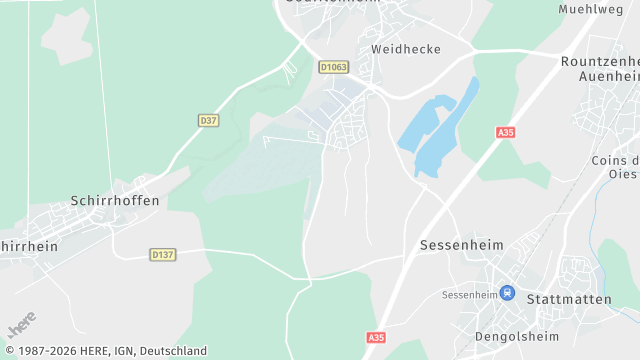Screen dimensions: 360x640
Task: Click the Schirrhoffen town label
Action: point(115,201)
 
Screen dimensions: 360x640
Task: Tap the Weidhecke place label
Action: point(406,48)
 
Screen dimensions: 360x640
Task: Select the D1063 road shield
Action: point(333,67)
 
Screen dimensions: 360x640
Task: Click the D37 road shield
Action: point(208,120)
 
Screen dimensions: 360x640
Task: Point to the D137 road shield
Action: point(163,255)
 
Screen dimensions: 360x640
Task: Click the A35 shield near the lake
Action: point(505,132)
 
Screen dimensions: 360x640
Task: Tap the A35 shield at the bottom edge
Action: point(376,338)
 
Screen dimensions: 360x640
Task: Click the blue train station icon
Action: point(507,294)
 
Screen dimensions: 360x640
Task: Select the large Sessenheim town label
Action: point(461,245)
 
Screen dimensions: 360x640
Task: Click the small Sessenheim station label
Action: point(470,295)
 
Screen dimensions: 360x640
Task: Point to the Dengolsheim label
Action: point(515,336)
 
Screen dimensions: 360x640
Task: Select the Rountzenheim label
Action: point(600,60)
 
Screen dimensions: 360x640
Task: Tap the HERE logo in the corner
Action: point(21,326)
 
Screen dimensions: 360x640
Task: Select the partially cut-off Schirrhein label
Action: point(28,246)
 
